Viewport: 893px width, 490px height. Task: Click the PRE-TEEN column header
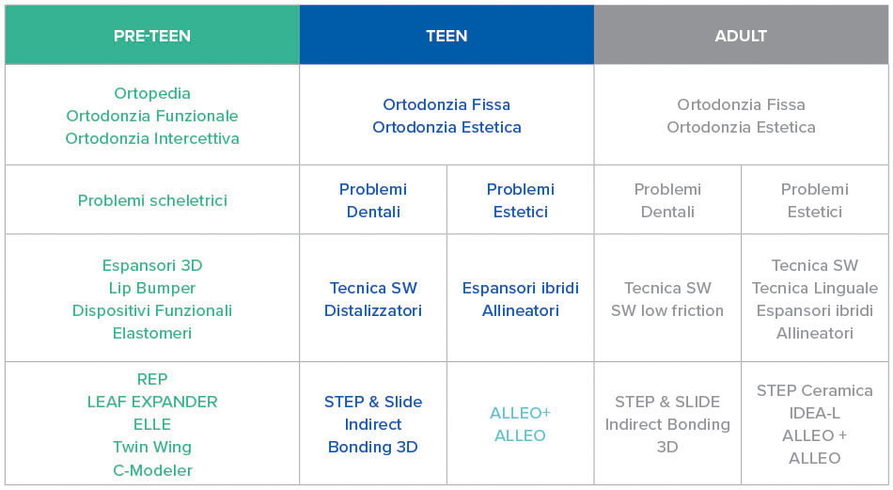pyautogui.click(x=152, y=36)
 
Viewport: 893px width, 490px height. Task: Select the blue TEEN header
pyautogui.click(x=446, y=36)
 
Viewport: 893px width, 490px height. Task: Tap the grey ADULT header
pyautogui.click(x=741, y=36)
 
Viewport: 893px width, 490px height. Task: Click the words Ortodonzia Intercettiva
pyautogui.click(x=152, y=138)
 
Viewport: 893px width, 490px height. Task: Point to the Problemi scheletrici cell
pyautogui.click(x=152, y=200)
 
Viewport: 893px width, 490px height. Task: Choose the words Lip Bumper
pyautogui.click(x=152, y=289)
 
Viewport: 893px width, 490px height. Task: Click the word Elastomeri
pyautogui.click(x=152, y=333)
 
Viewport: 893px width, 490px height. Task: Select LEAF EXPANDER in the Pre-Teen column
pyautogui.click(x=152, y=402)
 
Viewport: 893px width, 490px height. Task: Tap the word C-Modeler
pyautogui.click(x=152, y=470)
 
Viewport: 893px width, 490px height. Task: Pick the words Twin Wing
pyautogui.click(x=152, y=448)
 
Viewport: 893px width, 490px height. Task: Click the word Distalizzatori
pyautogui.click(x=373, y=310)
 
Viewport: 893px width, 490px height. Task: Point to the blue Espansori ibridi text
pyautogui.click(x=521, y=288)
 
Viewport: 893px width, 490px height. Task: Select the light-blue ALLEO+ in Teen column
pyautogui.click(x=520, y=413)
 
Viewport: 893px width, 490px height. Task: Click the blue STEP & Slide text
pyautogui.click(x=373, y=402)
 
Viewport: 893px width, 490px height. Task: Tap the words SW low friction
pyautogui.click(x=667, y=310)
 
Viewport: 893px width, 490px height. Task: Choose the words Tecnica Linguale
pyautogui.click(x=814, y=289)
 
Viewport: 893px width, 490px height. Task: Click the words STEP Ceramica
pyautogui.click(x=814, y=390)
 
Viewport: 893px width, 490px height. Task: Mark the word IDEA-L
pyautogui.click(x=814, y=413)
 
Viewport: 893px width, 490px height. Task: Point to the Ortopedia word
pyautogui.click(x=152, y=93)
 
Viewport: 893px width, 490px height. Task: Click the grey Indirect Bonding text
pyautogui.click(x=667, y=424)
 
